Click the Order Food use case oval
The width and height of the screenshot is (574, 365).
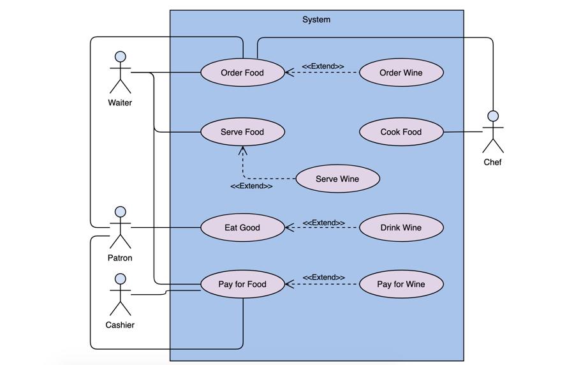(x=242, y=73)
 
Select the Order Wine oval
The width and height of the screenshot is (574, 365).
(x=401, y=73)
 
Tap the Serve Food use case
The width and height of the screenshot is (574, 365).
(x=242, y=132)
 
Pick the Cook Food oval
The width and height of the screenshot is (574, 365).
(x=401, y=132)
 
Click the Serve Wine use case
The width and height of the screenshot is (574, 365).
(x=337, y=179)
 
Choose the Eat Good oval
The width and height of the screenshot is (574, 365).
(x=242, y=227)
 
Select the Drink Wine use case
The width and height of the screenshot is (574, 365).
(x=401, y=227)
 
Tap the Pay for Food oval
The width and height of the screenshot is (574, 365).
(x=242, y=284)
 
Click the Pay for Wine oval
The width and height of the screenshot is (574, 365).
(x=401, y=284)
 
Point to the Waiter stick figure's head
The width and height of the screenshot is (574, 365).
(x=120, y=56)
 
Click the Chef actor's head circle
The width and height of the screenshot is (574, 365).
(x=492, y=116)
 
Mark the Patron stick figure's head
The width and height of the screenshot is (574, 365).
(x=120, y=212)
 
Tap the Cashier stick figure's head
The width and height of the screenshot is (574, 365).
(x=120, y=279)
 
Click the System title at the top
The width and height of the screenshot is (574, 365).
(x=316, y=20)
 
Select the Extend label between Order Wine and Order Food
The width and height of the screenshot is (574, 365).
(x=323, y=66)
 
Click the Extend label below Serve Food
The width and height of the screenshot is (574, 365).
(x=251, y=186)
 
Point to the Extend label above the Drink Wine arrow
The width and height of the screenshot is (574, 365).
(x=324, y=223)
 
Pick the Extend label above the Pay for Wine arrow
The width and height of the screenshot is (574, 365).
(x=324, y=278)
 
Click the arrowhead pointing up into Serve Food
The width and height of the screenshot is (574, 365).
(x=242, y=150)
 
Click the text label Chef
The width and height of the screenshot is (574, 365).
(x=492, y=162)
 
